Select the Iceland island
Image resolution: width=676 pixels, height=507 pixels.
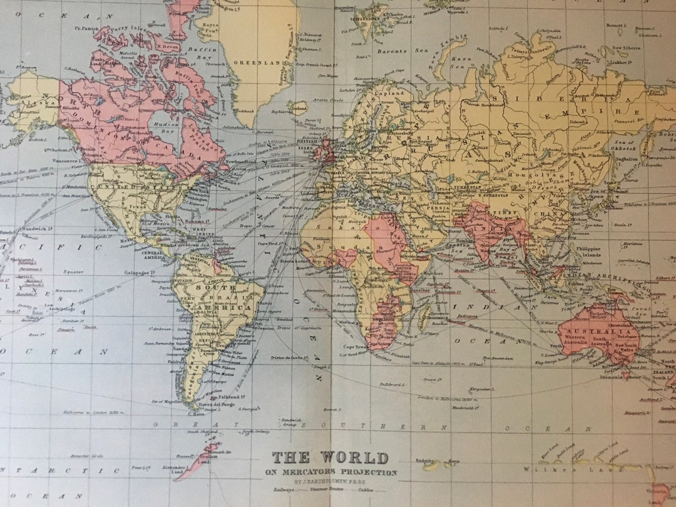299,108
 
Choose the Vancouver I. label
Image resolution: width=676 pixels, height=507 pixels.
68,161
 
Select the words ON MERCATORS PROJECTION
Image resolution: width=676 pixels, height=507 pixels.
330,473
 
